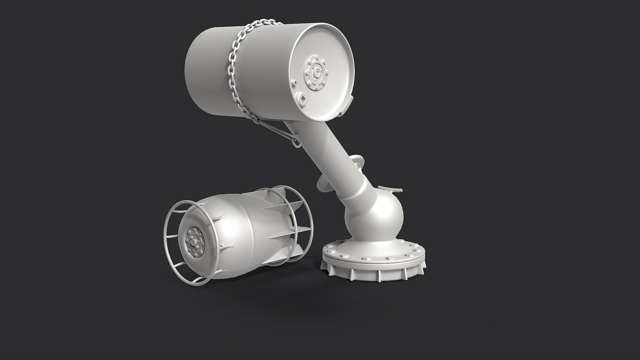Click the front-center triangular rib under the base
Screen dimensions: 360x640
(x=379, y=275)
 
